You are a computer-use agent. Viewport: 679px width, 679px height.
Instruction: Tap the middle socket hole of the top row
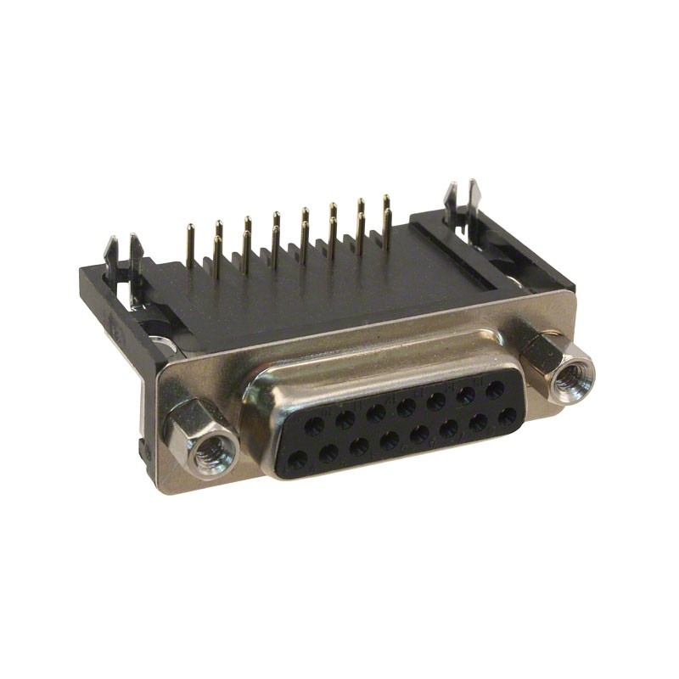tap(406, 407)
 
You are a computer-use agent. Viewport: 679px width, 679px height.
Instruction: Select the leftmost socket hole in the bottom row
tap(298, 461)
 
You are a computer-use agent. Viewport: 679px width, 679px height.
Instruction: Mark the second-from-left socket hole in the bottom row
tap(328, 454)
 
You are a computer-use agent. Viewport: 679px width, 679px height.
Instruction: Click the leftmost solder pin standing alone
tap(189, 242)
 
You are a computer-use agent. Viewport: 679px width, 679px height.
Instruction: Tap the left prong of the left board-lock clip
tap(111, 255)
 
